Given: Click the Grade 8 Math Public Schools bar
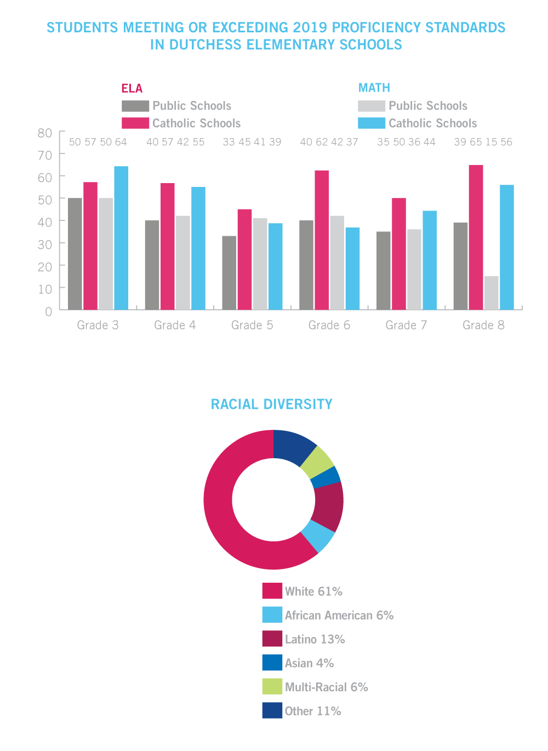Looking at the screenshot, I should click(492, 293).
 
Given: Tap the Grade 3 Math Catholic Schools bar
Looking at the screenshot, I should click(121, 238).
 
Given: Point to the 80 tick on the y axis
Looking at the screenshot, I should click(45, 133).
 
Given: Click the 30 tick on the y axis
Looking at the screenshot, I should click(45, 244).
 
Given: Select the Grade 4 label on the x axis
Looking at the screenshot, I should click(175, 325).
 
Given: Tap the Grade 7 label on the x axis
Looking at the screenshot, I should click(406, 325).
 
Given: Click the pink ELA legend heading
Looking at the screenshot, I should click(132, 88).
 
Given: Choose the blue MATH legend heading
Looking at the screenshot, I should click(374, 88).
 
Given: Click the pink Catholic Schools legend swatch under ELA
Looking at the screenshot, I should click(135, 123).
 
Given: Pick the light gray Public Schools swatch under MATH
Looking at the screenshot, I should click(372, 106).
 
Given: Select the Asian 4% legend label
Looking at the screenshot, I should click(309, 663).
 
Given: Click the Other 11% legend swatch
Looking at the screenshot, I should click(272, 710).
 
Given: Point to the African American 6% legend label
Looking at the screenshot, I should click(339, 615).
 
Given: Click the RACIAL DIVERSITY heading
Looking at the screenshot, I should click(272, 404).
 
